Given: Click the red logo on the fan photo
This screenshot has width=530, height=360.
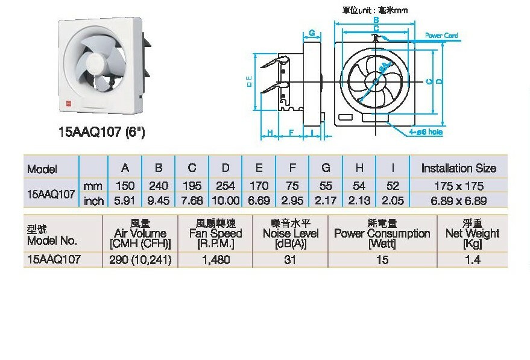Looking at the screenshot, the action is point(68,103).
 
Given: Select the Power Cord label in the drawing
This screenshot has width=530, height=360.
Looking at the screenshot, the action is point(441,36).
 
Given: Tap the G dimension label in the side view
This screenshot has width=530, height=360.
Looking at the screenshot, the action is point(312,32).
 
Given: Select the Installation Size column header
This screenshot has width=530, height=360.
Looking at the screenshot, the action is point(458,168).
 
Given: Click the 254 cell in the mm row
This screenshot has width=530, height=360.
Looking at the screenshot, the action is point(226,186).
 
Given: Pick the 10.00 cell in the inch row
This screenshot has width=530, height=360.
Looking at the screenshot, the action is point(226,200).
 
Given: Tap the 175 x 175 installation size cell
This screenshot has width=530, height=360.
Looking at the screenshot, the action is point(458,186).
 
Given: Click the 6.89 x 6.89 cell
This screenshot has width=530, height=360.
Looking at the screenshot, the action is point(458,200).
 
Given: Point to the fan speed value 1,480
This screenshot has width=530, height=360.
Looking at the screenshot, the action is point(215,260).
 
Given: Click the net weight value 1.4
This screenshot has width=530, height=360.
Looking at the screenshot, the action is point(472,260).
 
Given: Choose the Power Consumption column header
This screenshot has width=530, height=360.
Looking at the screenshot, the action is point(382,233).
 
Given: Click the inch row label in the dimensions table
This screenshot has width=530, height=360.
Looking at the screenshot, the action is point(93,201).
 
